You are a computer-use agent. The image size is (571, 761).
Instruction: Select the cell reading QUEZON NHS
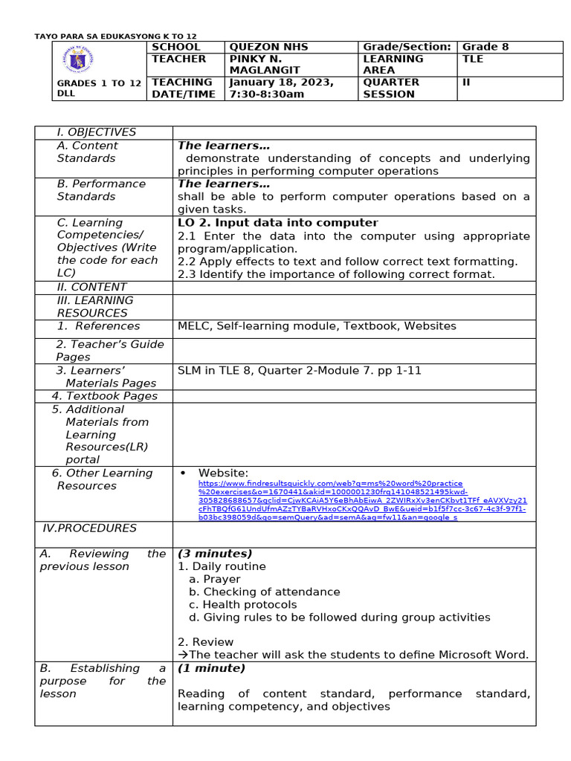point(268,47)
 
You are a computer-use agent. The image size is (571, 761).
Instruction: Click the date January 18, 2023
point(281,82)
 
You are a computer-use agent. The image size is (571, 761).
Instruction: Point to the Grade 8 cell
point(485,47)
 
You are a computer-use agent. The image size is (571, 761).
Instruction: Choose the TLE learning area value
point(473,59)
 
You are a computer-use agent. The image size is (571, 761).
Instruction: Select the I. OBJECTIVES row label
point(97,132)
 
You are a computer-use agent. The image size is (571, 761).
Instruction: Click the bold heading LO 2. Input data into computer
point(277,223)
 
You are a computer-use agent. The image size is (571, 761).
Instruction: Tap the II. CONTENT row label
point(91,287)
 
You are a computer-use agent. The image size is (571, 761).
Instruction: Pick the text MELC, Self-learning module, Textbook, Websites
point(317,326)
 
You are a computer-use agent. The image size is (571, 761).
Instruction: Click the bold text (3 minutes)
point(215,554)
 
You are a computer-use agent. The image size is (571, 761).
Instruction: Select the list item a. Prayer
point(214,579)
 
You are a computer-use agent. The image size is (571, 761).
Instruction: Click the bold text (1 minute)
point(211,668)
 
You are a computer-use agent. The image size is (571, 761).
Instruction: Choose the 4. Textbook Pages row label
point(105,396)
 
